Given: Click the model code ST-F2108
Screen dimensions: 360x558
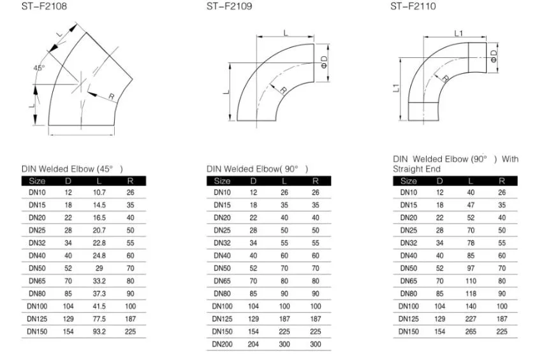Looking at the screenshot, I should click(x=44, y=7).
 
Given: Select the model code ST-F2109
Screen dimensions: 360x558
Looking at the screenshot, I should click(x=229, y=7).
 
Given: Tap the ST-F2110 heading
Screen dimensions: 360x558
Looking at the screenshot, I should click(x=414, y=7).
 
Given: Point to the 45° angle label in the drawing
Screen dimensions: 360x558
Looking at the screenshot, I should click(x=40, y=68).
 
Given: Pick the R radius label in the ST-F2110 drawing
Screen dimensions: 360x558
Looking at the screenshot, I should click(x=444, y=78).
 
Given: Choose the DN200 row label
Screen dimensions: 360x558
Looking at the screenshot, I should click(x=222, y=344).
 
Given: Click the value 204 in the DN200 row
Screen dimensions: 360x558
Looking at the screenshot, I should click(x=253, y=344).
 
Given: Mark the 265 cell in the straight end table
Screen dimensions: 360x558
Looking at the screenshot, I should click(x=471, y=331).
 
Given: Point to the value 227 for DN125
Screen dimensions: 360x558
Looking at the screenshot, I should click(x=471, y=319).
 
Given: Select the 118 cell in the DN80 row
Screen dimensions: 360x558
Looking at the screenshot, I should click(x=471, y=294).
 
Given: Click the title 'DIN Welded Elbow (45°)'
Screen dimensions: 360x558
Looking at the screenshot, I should click(x=71, y=169).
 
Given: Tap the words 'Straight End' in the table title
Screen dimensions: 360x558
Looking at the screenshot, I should click(x=416, y=169).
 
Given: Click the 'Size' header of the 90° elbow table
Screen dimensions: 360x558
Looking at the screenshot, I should click(x=223, y=181).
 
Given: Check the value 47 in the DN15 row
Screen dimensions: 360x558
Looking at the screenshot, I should click(x=471, y=205).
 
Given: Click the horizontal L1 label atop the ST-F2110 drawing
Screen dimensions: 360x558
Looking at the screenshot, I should click(x=459, y=33).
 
